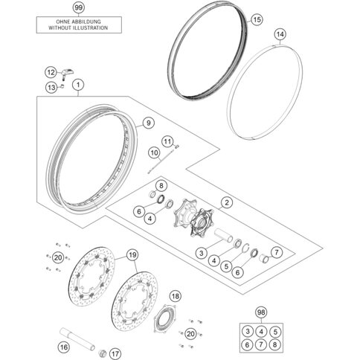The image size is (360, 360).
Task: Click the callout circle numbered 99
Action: pyautogui.click(x=78, y=7)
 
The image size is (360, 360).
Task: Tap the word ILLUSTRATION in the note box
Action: pyautogui.click(x=90, y=28)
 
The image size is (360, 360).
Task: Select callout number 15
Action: pyautogui.click(x=257, y=19)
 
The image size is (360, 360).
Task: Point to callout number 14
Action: pyautogui.click(x=280, y=34)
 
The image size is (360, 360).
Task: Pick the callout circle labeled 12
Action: pyautogui.click(x=51, y=73)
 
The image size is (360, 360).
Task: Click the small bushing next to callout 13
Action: pyautogui.click(x=62, y=86)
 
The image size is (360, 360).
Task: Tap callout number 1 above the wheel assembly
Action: pyautogui.click(x=78, y=85)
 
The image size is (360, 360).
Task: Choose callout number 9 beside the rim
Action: pyautogui.click(x=148, y=123)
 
